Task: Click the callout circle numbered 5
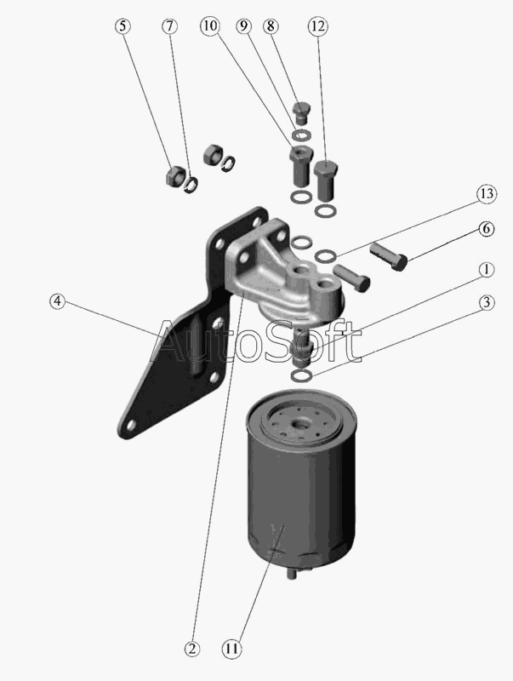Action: tap(123, 26)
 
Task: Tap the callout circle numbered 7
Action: tap(169, 26)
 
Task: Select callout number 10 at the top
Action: tap(210, 26)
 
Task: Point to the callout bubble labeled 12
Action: tap(317, 26)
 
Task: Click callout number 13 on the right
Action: tap(487, 193)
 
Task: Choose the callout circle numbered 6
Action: tap(487, 228)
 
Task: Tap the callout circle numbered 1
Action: tap(487, 269)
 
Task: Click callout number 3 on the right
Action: tap(487, 302)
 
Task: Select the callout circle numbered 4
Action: tap(57, 300)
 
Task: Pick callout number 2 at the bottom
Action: tap(191, 649)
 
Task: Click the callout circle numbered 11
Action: tap(231, 649)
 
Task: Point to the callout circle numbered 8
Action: tap(271, 26)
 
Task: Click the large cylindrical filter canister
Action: tap(301, 483)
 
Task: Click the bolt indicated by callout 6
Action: tap(389, 257)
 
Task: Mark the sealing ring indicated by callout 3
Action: tap(301, 375)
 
